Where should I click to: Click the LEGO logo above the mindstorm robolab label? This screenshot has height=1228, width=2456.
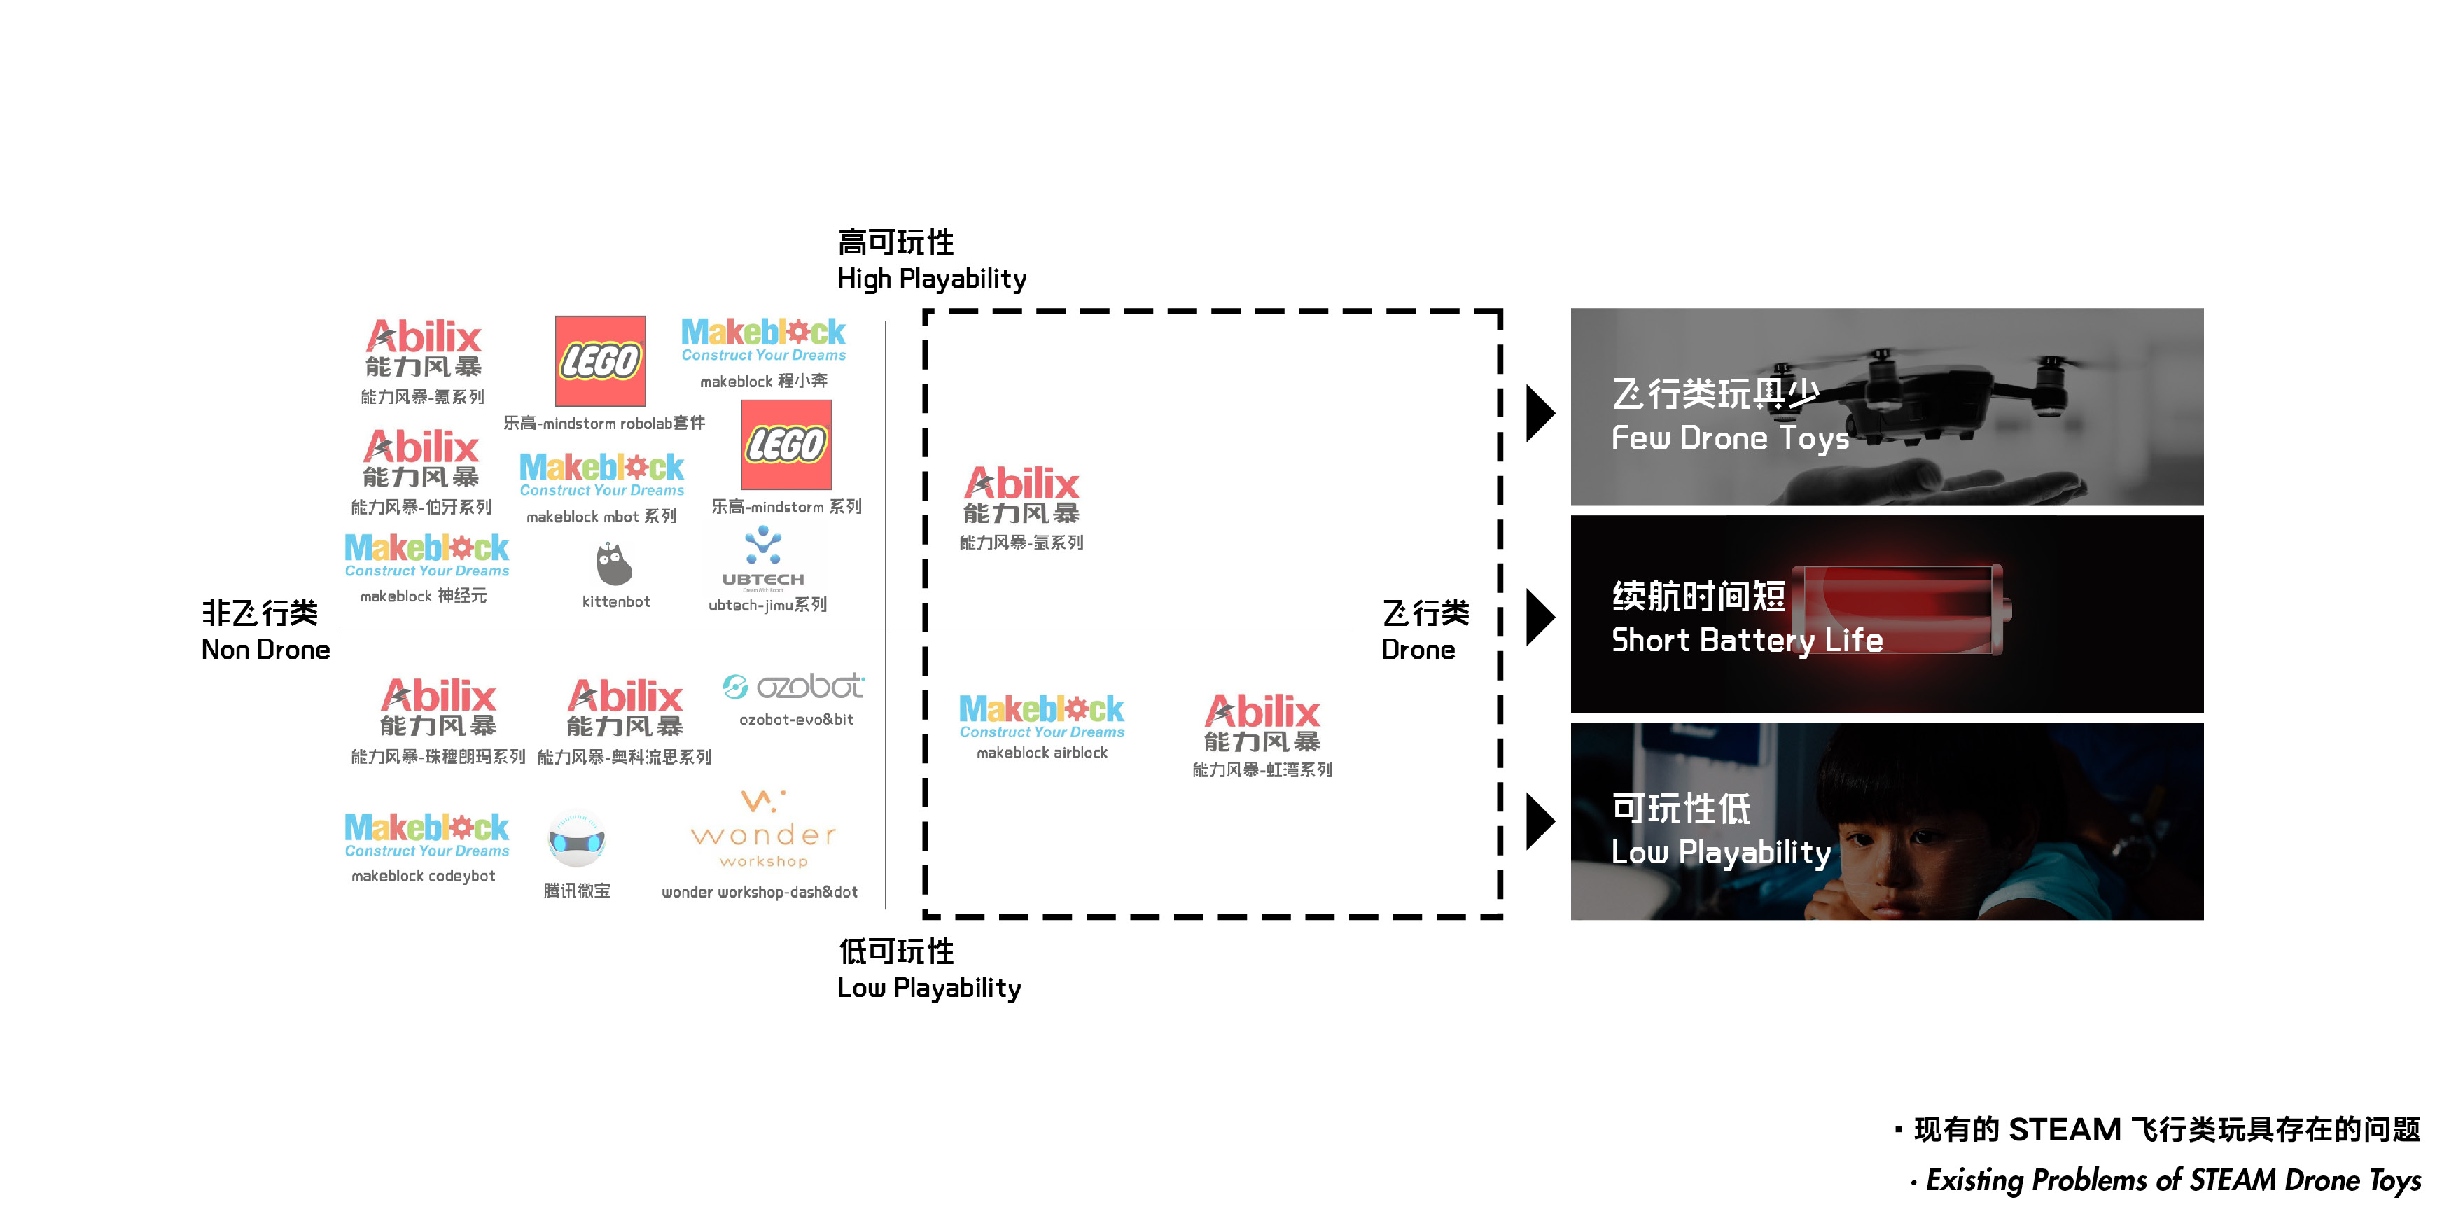point(600,361)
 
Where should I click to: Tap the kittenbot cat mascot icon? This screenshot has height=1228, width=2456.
point(613,564)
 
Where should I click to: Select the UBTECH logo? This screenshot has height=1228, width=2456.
point(762,558)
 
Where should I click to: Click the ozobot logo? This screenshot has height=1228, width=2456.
point(793,685)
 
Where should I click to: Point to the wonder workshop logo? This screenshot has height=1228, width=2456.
point(762,828)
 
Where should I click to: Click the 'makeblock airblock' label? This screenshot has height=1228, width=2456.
point(1042,752)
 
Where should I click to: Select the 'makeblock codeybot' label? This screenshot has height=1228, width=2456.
point(424,875)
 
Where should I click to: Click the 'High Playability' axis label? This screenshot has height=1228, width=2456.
point(931,279)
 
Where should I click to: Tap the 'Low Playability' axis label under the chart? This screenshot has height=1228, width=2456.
point(928,988)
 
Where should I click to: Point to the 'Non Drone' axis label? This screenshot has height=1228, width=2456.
point(265,649)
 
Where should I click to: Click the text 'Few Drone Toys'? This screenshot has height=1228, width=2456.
point(1729,438)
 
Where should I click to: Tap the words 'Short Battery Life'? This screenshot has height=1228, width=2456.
point(1747,640)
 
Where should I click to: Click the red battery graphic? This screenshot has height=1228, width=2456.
point(1903,609)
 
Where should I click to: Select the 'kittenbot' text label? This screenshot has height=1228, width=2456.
point(616,601)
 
